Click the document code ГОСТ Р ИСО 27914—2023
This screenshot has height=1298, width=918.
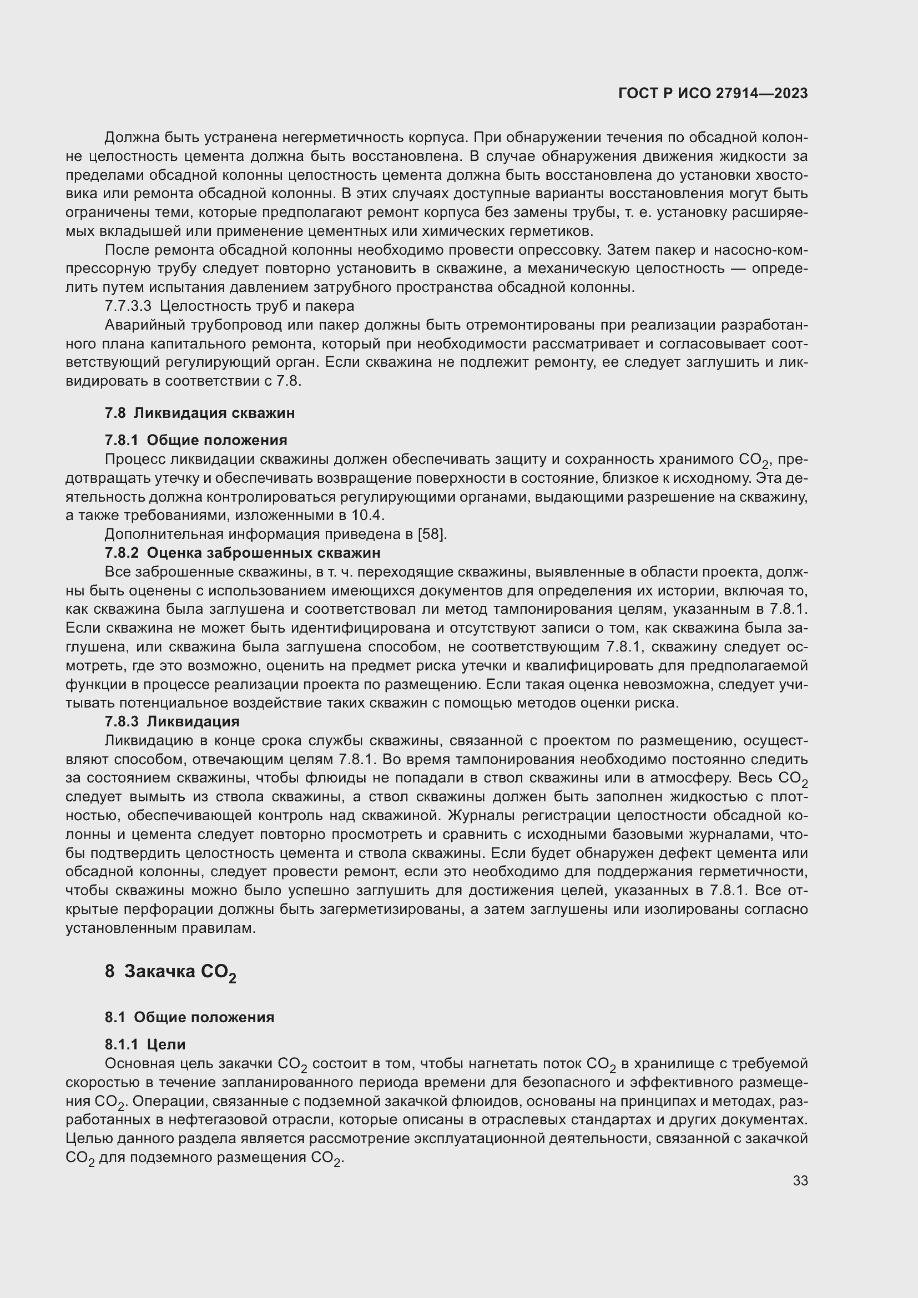coord(713,94)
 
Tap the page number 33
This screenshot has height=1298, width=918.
coord(800,1181)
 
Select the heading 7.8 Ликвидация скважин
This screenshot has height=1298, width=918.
coord(200,413)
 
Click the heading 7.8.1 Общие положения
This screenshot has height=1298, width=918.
coord(195,440)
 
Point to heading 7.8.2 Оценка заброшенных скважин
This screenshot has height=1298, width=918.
coord(243,552)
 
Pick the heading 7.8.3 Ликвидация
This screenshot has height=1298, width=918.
coord(172,721)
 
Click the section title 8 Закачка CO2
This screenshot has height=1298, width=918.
coord(170,972)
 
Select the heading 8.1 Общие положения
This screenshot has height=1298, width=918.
coord(189,1017)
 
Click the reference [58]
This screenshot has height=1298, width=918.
coord(432,534)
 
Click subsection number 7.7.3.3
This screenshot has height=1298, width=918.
coord(128,306)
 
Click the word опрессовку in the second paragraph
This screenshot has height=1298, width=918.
coord(549,250)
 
